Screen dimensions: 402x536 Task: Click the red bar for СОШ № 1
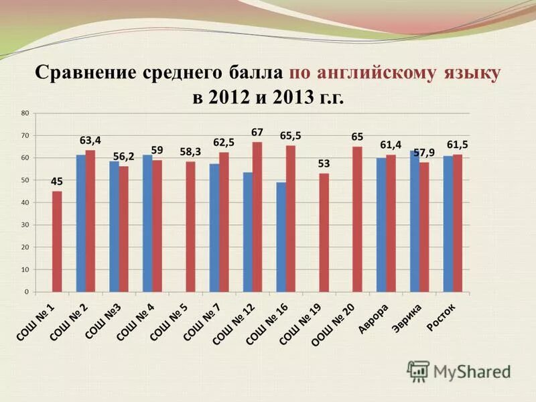pos(57,241)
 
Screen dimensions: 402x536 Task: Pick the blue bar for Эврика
pos(415,221)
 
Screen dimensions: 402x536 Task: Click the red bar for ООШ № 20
pos(357,219)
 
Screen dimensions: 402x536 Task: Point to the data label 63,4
pos(90,141)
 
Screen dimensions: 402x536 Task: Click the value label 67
pos(257,132)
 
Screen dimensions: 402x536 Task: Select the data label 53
pos(324,163)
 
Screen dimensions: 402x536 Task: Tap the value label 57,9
pos(425,153)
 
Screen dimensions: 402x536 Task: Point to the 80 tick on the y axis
pos(25,113)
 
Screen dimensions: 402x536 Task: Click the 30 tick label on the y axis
pos(25,225)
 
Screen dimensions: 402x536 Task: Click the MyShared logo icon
pos(418,371)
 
